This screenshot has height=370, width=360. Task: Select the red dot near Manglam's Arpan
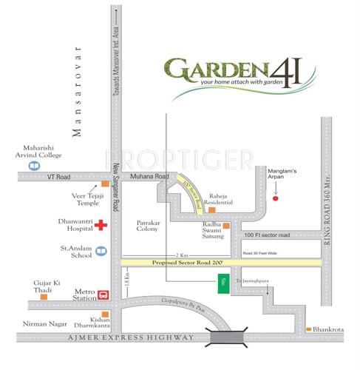[276, 198]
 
